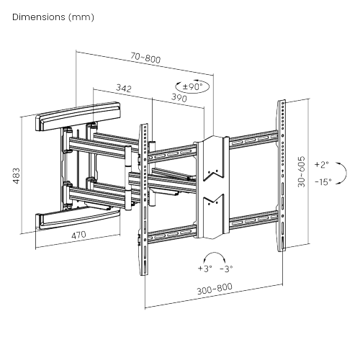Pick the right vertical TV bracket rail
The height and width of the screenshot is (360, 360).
282,176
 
